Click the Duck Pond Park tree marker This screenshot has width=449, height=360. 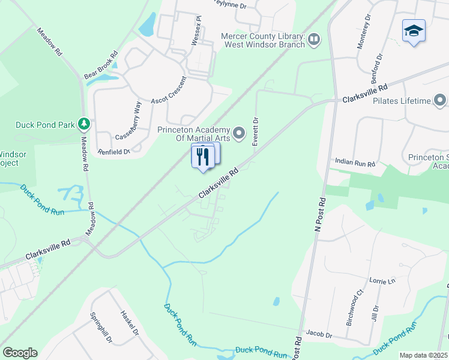point(85,124)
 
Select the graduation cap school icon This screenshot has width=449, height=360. point(414,31)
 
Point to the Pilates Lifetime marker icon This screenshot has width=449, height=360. point(441,100)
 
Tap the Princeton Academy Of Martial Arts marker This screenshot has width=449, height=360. point(240,133)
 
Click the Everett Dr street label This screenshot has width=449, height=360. point(255,130)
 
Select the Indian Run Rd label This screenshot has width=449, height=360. point(355,163)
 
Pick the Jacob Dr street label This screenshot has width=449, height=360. point(319,334)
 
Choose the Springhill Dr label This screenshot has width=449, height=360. point(100,327)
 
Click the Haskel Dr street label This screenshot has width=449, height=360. point(130,323)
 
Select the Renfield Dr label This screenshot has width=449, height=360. point(114,152)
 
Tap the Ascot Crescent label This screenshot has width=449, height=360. point(169,89)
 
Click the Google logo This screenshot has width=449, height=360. point(20,353)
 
